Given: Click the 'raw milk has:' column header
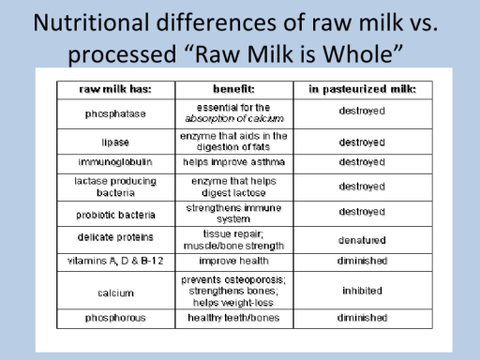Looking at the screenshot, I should (x=115, y=90).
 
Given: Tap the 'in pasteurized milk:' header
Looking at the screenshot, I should (x=361, y=90).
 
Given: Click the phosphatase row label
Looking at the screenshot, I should (x=115, y=112).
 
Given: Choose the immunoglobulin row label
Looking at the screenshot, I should (x=115, y=162).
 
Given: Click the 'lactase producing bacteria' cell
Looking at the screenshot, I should (x=115, y=186).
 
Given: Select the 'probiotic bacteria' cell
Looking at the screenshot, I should (x=115, y=213).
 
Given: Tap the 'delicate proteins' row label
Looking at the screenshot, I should (x=115, y=238).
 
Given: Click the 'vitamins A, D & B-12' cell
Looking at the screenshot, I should (x=115, y=261).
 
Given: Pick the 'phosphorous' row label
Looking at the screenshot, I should (x=115, y=317).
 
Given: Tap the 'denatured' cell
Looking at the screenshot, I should (x=361, y=239).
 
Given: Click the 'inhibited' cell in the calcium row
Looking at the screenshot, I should (x=361, y=291).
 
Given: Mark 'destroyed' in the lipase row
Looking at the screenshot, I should (x=361, y=142).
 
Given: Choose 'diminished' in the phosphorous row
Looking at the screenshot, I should (x=361, y=317).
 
